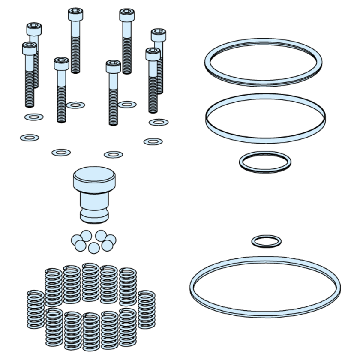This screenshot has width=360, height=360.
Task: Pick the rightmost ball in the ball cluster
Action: tap(110, 240)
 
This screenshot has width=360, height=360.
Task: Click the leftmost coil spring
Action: tap(35, 309)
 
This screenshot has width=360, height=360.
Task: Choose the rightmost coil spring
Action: tap(147, 309)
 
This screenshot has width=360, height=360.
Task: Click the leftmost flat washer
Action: tap(30, 138)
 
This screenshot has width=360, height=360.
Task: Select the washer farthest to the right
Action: tap(159, 122)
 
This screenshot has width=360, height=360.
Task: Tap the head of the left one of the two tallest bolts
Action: tap(75, 14)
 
